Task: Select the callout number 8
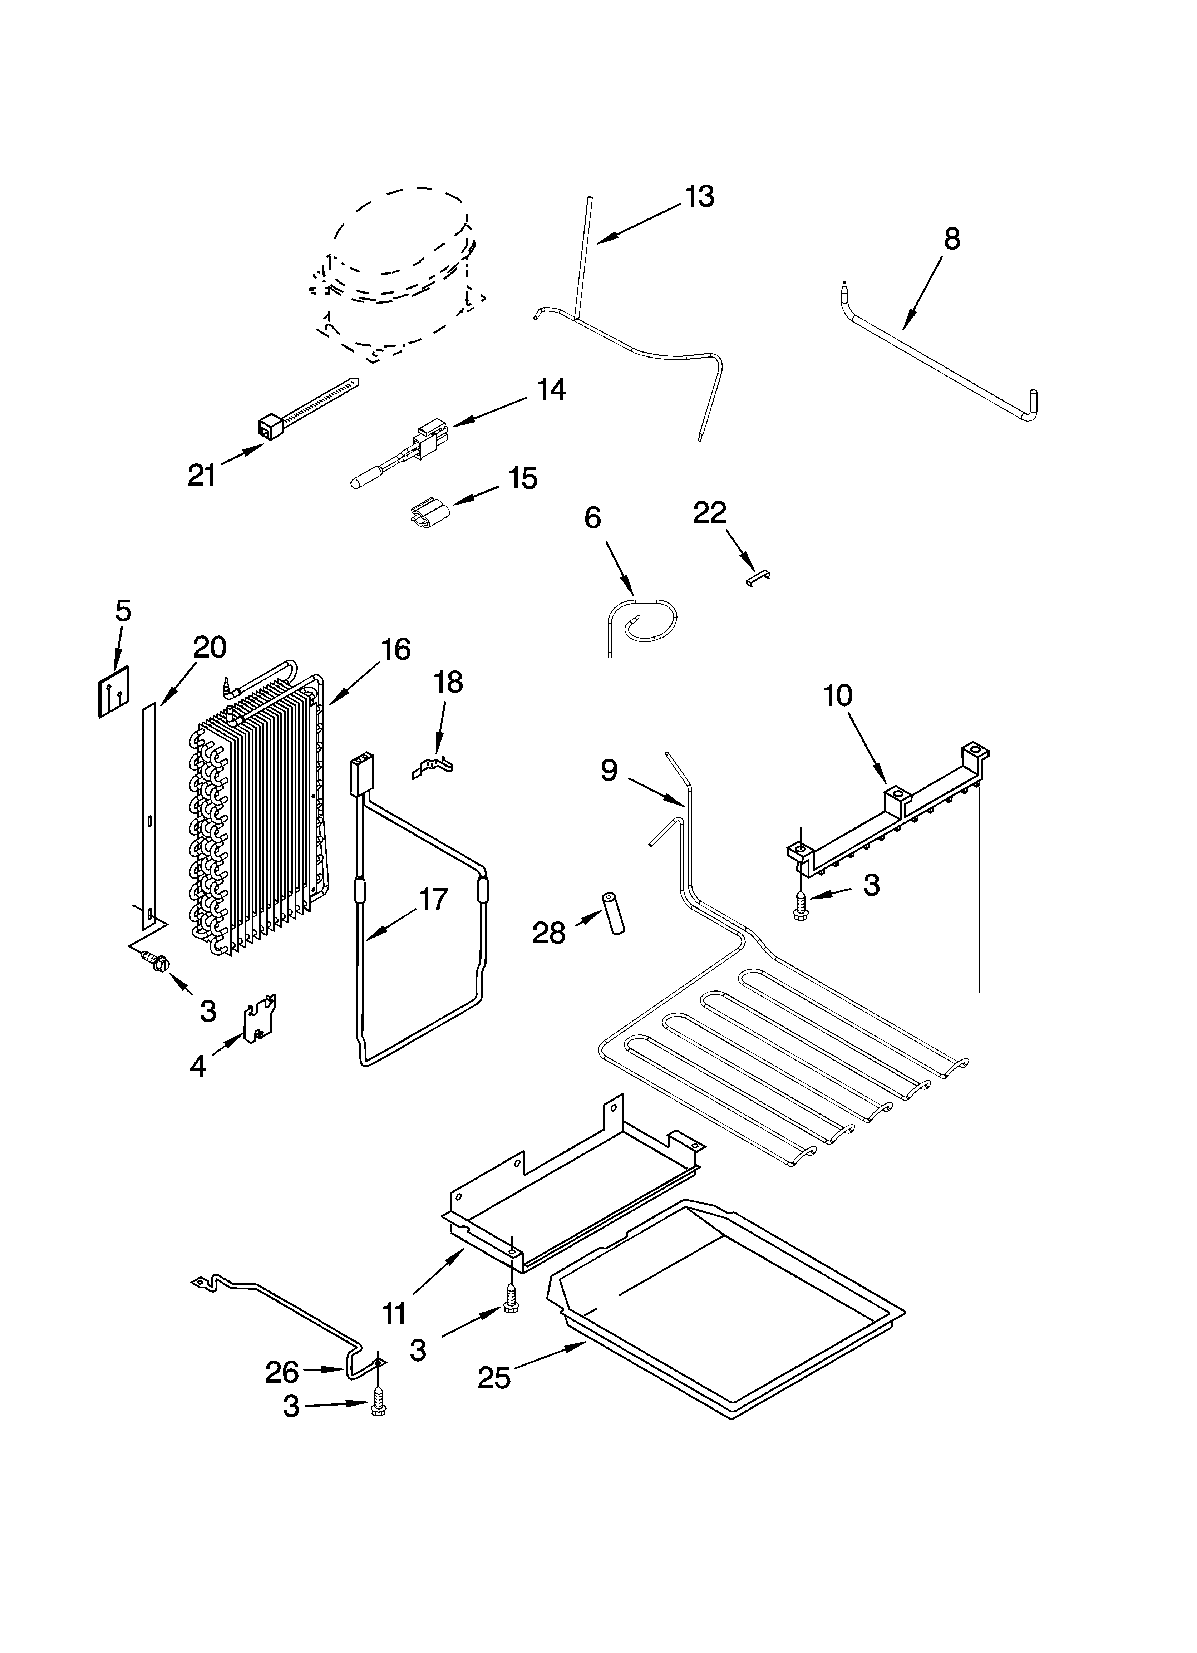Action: (x=951, y=239)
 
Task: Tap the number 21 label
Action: (x=202, y=475)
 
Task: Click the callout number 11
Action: (x=394, y=1313)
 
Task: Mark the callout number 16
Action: (x=396, y=649)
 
